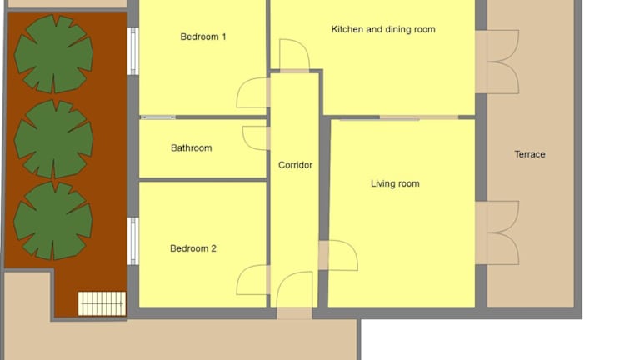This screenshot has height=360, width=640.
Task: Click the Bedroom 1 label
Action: click(x=203, y=37)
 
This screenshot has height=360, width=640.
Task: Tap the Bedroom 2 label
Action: click(x=193, y=248)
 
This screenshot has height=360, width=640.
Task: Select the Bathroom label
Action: click(x=192, y=147)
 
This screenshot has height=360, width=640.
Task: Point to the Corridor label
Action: click(x=295, y=165)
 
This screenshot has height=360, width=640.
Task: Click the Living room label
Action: click(x=395, y=183)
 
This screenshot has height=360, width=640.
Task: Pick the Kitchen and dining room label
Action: click(x=383, y=29)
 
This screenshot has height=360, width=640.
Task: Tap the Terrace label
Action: click(x=530, y=154)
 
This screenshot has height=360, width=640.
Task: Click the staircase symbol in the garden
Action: click(x=102, y=303)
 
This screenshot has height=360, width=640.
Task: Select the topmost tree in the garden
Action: click(x=53, y=54)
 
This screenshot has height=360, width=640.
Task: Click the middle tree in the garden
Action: click(x=53, y=139)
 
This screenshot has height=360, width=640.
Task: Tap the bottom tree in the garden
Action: click(x=53, y=221)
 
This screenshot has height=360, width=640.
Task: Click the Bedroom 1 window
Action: click(x=132, y=52)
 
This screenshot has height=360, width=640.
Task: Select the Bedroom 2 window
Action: click(x=132, y=241)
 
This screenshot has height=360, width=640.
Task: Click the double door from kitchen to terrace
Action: click(x=497, y=62)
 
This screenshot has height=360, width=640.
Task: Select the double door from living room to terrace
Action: click(x=497, y=232)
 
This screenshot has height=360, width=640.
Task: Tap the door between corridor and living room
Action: click(x=338, y=256)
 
